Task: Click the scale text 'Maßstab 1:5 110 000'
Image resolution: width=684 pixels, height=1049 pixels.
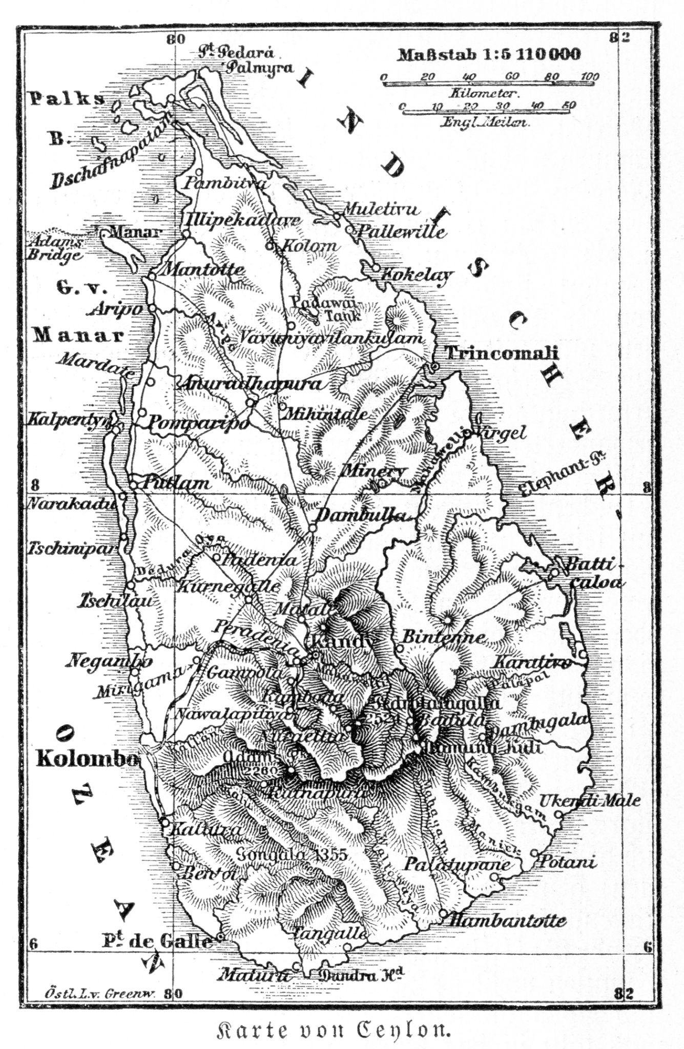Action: pos(489,54)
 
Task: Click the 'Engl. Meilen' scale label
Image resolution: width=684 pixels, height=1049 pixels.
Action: pos(485,123)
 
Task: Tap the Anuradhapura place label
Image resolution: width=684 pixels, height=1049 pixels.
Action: pos(250,384)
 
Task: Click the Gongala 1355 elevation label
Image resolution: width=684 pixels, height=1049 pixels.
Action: pos(292,854)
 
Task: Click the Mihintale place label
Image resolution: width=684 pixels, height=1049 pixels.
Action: pos(326,413)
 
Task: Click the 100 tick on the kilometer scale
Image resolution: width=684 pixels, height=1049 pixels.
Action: pos(589,77)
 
